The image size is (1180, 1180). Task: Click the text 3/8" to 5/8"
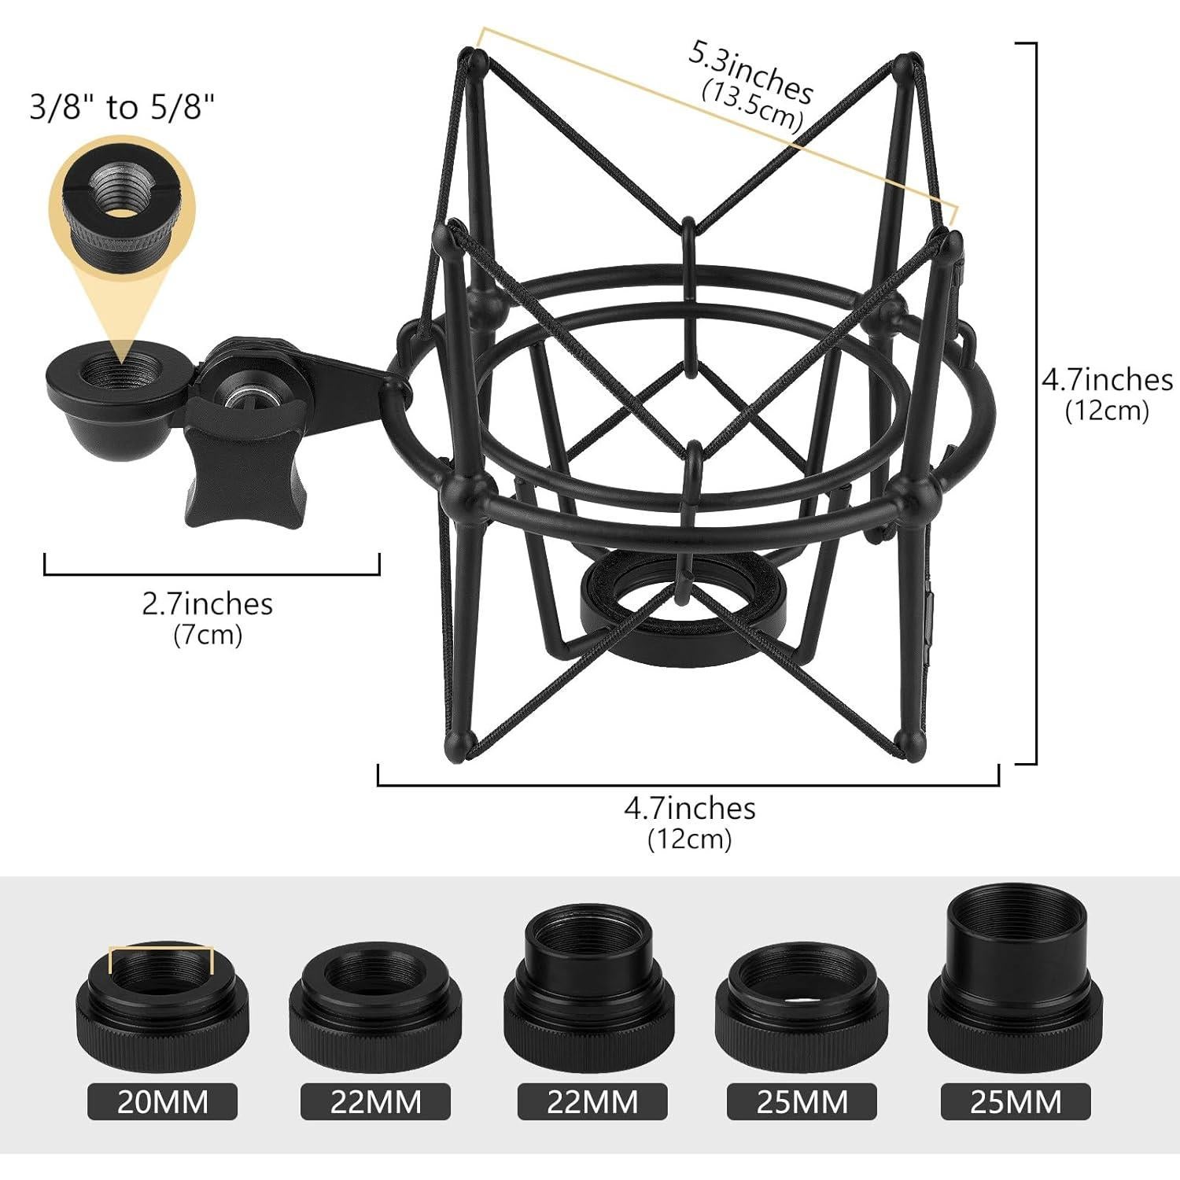122,107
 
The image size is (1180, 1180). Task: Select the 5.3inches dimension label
751,72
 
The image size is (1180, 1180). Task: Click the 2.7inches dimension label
207,604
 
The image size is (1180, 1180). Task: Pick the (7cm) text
207,634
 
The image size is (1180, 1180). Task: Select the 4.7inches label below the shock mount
690,808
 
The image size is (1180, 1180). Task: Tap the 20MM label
162,1101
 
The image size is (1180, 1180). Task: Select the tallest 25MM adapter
1016,975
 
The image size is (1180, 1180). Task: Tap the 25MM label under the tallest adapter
1016,1101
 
